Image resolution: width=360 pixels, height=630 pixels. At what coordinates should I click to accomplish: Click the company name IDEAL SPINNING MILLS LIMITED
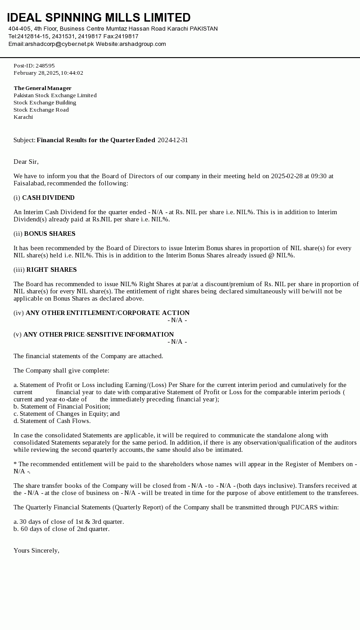[99, 18]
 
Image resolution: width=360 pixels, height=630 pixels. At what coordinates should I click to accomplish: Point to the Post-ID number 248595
[45, 66]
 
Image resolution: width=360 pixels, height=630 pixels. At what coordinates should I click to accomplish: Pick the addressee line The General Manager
[42, 88]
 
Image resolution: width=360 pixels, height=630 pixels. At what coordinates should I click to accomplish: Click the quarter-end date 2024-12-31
[173, 140]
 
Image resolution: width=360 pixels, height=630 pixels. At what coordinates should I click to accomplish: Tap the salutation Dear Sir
[26, 162]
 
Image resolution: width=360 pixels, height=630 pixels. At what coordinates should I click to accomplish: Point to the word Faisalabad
[29, 183]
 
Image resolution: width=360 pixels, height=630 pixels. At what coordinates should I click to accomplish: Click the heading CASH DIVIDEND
[48, 198]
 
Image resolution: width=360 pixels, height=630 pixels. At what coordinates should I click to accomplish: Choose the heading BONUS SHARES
[49, 234]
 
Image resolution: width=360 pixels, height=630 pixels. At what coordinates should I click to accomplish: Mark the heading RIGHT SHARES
[51, 270]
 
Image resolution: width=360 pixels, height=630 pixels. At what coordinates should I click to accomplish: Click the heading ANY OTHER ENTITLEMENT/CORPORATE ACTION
[108, 313]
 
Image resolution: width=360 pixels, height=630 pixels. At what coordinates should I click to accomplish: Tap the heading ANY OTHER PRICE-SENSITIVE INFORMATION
[99, 334]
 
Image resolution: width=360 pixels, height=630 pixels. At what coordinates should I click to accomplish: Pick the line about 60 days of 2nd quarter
[61, 529]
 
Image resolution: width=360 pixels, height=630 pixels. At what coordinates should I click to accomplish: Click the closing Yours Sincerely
[36, 550]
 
